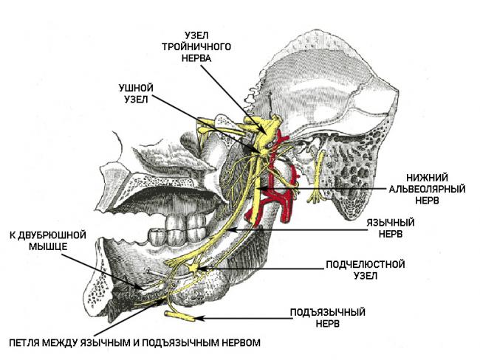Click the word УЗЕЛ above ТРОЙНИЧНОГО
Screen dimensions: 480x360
click(196, 36)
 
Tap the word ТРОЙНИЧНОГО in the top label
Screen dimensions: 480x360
click(196, 46)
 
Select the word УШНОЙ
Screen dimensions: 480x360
click(136, 88)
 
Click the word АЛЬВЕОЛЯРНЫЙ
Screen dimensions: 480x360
click(427, 189)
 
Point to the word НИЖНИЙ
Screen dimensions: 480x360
click(427, 178)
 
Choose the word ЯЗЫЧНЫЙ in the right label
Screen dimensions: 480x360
click(391, 222)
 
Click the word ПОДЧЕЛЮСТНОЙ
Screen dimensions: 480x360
click(366, 264)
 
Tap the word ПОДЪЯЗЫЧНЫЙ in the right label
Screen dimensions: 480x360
click(328, 312)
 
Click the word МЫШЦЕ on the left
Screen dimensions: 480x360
click(48, 246)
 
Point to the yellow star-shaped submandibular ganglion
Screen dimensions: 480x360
click(193, 268)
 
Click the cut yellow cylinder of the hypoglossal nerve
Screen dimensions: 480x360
click(179, 316)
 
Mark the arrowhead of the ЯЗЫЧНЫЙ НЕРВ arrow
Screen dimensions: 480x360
click(232, 229)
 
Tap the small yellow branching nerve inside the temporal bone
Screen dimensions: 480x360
click(318, 179)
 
